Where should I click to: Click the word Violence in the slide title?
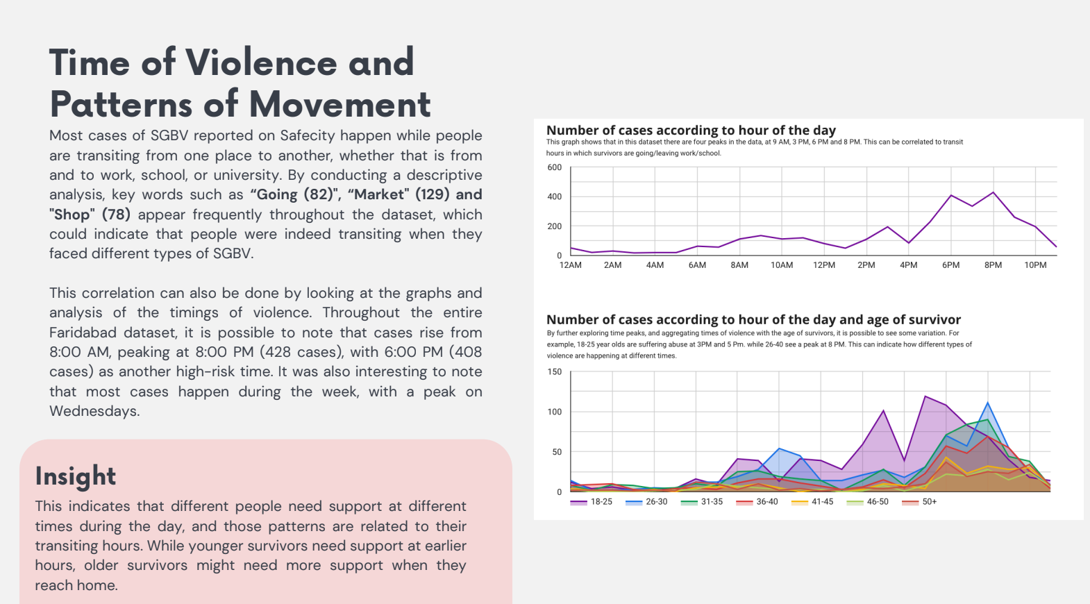261,62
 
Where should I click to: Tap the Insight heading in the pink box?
76,476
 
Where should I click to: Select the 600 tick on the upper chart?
554,167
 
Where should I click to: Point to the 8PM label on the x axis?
993,265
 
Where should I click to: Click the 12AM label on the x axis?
571,265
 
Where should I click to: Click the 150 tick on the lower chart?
554,372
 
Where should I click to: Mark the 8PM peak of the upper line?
993,192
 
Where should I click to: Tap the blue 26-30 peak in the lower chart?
987,403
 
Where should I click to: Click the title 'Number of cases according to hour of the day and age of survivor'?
753,320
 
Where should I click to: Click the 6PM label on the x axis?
950,265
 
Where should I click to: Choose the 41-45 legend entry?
822,502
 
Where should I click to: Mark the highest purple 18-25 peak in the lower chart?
925,396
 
